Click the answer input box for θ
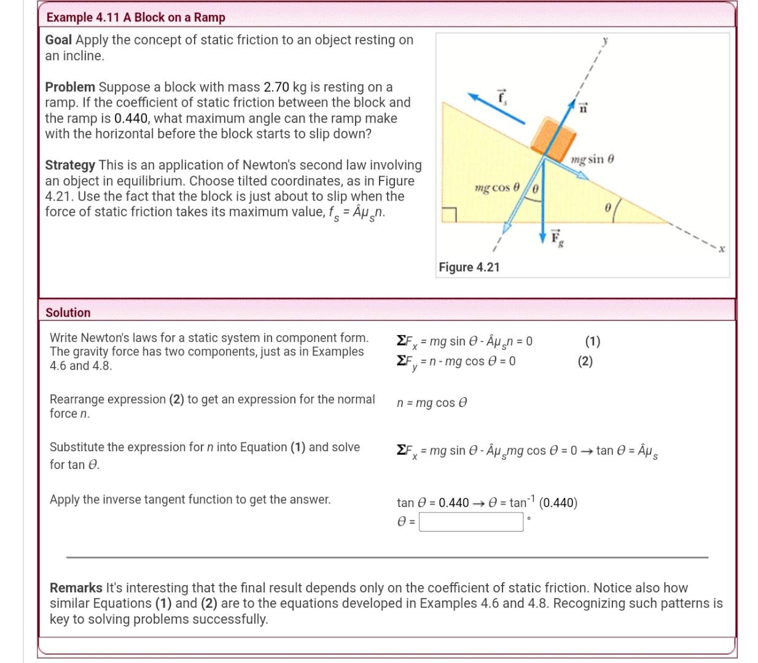471,522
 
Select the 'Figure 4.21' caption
469,267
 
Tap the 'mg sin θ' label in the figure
592,160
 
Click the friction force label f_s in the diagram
502,96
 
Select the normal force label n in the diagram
583,109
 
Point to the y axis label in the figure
605,41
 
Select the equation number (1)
592,341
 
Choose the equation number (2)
585,361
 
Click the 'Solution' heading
68,312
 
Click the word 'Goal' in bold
58,40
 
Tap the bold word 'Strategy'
70,165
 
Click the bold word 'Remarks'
76,587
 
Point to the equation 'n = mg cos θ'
432,403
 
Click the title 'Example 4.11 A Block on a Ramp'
136,17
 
